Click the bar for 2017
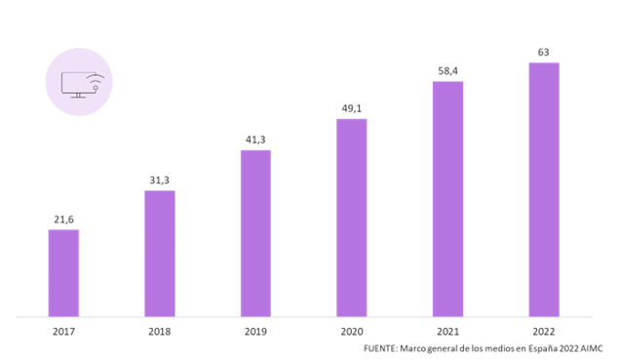63,273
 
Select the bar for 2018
160,254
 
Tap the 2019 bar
255,233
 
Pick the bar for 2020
352,218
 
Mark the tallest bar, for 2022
544,189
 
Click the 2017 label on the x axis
63,332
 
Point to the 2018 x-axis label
160,332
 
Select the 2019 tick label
255,332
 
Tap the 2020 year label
352,332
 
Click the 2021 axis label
447,332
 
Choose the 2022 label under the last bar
544,332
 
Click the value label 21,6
63,220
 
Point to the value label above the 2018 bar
160,180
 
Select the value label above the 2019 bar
255,140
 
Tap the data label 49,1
352,108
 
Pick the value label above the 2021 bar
447,70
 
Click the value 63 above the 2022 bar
544,52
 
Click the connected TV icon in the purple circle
80,82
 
